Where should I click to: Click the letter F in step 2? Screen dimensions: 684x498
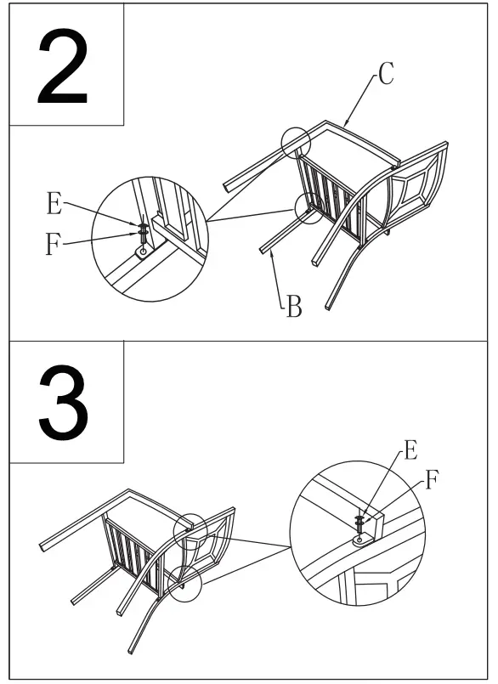coord(54,246)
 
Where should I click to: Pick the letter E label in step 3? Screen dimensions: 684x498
coord(410,451)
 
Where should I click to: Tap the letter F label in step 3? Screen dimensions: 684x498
coord(431,481)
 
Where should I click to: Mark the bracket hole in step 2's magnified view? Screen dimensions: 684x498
coord(143,252)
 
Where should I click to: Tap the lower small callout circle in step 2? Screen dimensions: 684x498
coord(308,206)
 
